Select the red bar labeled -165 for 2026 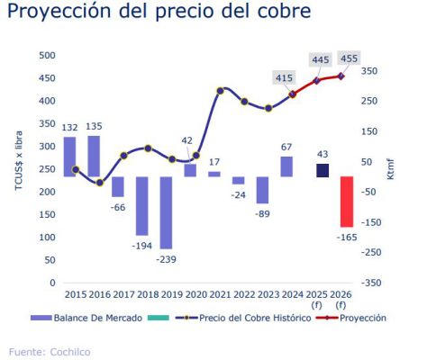[x=346, y=202]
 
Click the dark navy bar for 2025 [x=322, y=170]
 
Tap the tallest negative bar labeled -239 [x=166, y=212]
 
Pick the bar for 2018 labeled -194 [x=141, y=205]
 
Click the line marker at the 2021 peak [x=221, y=90]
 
